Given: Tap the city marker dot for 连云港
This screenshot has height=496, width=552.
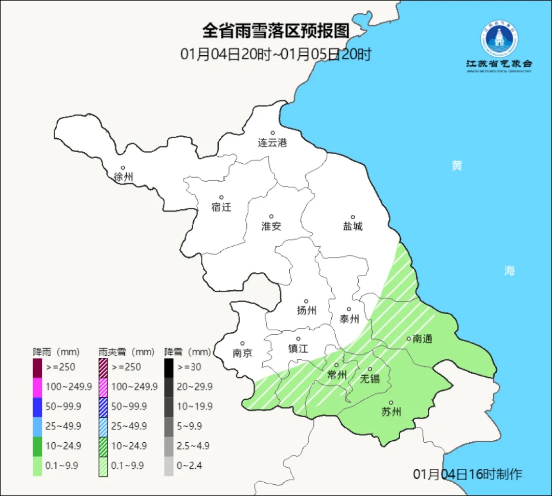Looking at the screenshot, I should [x=272, y=133].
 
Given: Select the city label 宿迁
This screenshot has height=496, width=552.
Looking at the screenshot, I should [x=221, y=207].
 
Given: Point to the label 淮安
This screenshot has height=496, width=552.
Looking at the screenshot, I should [x=271, y=226].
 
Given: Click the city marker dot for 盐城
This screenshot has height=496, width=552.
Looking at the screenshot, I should [x=352, y=217].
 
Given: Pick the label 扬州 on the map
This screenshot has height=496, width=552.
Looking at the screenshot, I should [x=307, y=310].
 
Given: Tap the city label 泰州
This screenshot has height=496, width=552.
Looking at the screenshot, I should [x=349, y=319].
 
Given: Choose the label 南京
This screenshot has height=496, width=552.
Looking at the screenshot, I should [x=242, y=353].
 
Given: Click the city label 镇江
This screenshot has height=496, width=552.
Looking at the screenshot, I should [x=298, y=349].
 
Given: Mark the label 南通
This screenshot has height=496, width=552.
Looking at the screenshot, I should [x=423, y=339].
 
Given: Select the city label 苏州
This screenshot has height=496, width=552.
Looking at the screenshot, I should [x=392, y=412].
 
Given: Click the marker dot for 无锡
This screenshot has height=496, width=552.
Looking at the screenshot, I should [x=370, y=369].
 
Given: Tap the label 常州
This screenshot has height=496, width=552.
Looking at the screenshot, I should [x=337, y=375].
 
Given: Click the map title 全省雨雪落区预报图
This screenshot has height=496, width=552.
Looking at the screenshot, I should [x=275, y=31].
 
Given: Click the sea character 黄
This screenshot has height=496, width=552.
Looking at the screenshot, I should [x=456, y=165].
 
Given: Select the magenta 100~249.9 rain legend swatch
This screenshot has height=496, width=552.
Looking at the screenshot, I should [x=37, y=387].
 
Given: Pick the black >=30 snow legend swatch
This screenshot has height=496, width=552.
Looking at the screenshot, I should [x=169, y=368].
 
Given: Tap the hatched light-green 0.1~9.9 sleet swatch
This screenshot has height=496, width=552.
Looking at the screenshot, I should [x=103, y=465].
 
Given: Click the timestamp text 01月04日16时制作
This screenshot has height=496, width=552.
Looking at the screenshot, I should [x=468, y=474].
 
